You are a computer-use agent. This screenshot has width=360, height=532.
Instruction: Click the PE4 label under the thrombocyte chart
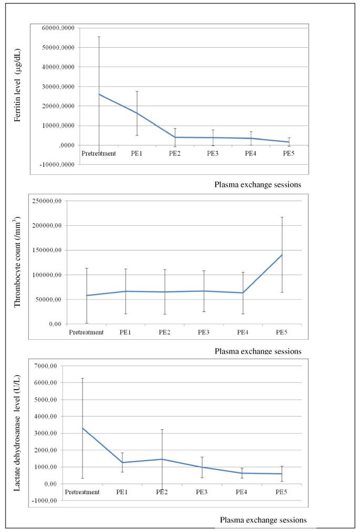click(x=243, y=332)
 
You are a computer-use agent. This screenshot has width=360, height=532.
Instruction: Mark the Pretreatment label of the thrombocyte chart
click(x=87, y=332)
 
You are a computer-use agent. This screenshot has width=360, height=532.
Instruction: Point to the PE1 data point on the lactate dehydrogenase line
click(x=122, y=463)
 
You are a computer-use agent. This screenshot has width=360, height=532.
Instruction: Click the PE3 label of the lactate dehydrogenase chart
click(x=202, y=492)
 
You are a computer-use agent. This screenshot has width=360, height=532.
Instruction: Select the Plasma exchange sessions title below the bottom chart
click(x=263, y=520)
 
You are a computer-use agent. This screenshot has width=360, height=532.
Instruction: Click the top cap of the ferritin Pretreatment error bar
click(x=99, y=37)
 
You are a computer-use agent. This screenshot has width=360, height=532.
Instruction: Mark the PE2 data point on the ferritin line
click(x=175, y=137)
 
